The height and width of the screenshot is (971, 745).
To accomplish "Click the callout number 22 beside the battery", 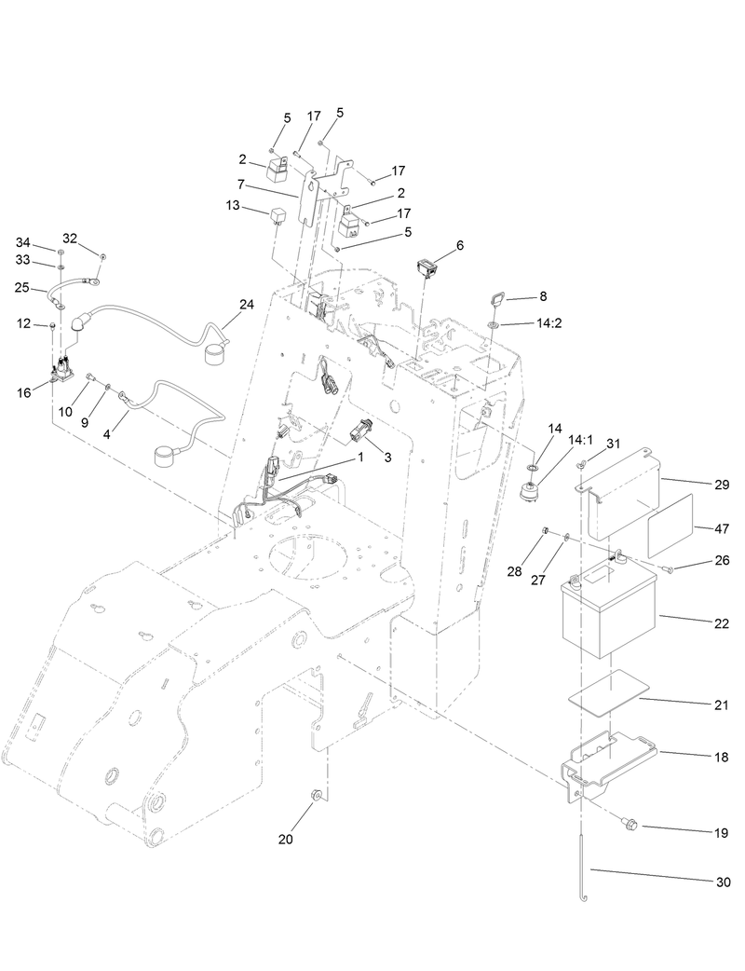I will click(722, 622).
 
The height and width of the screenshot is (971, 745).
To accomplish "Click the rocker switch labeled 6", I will click(427, 267).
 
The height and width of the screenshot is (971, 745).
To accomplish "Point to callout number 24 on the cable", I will click(246, 305).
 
